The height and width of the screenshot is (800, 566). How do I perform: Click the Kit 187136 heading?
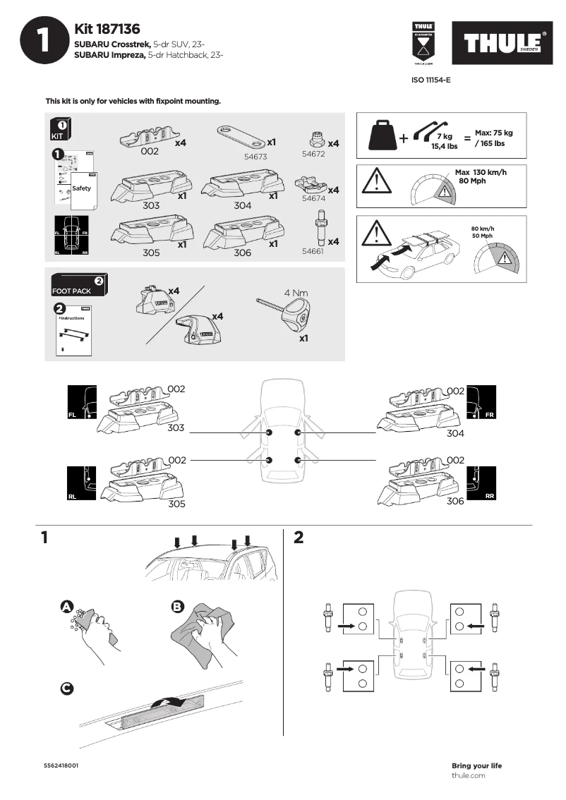point(107,29)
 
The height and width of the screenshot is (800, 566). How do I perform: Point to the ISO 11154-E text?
point(430,80)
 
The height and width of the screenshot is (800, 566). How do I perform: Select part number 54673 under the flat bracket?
point(255,157)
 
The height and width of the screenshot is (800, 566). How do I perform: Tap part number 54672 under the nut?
point(313,153)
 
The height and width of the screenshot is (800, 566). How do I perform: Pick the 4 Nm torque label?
point(296,292)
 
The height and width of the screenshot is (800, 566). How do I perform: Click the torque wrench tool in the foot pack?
point(289,314)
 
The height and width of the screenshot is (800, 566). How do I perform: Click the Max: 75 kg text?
point(493,133)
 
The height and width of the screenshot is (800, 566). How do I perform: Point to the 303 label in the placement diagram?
point(176,428)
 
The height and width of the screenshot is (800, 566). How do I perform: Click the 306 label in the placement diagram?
point(455,500)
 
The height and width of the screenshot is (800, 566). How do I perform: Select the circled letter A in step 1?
point(67,607)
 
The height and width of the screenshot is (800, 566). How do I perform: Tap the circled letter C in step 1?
point(67,689)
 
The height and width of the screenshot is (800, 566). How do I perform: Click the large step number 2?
point(299,538)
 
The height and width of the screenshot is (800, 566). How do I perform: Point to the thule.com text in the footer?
point(468,775)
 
